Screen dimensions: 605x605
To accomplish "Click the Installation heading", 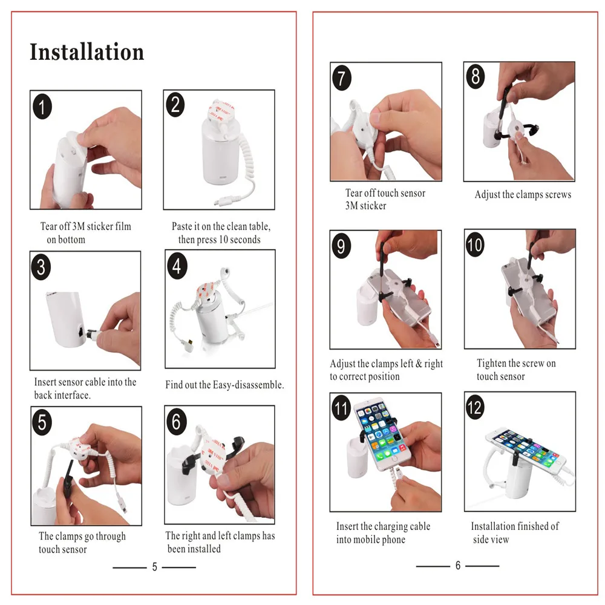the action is (x=87, y=51).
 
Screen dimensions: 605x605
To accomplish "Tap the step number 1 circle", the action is (x=42, y=106).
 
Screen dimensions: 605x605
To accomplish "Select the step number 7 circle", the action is (x=341, y=77).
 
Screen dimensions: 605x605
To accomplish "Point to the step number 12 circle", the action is (x=474, y=407).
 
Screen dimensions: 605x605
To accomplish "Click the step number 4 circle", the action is (x=177, y=266).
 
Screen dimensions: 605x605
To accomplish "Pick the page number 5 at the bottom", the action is (x=154, y=567).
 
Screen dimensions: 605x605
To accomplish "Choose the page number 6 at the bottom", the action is (x=457, y=566).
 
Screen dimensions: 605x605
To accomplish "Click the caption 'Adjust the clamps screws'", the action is (x=523, y=194).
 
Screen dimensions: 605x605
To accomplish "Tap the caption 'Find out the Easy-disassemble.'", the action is (x=224, y=385).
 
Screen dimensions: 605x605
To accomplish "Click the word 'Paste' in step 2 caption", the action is (x=181, y=226).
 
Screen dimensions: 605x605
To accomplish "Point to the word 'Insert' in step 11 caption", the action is (x=348, y=526).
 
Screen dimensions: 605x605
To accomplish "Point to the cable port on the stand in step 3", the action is (x=82, y=332).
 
